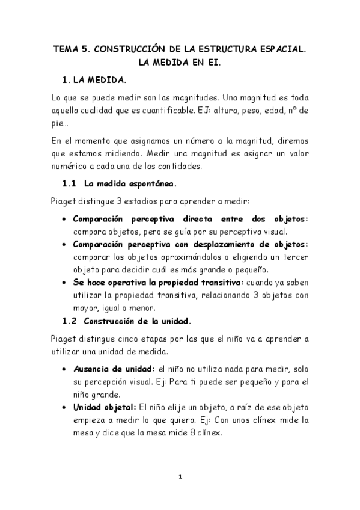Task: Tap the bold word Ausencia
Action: (91, 367)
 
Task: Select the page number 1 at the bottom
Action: (180, 477)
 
